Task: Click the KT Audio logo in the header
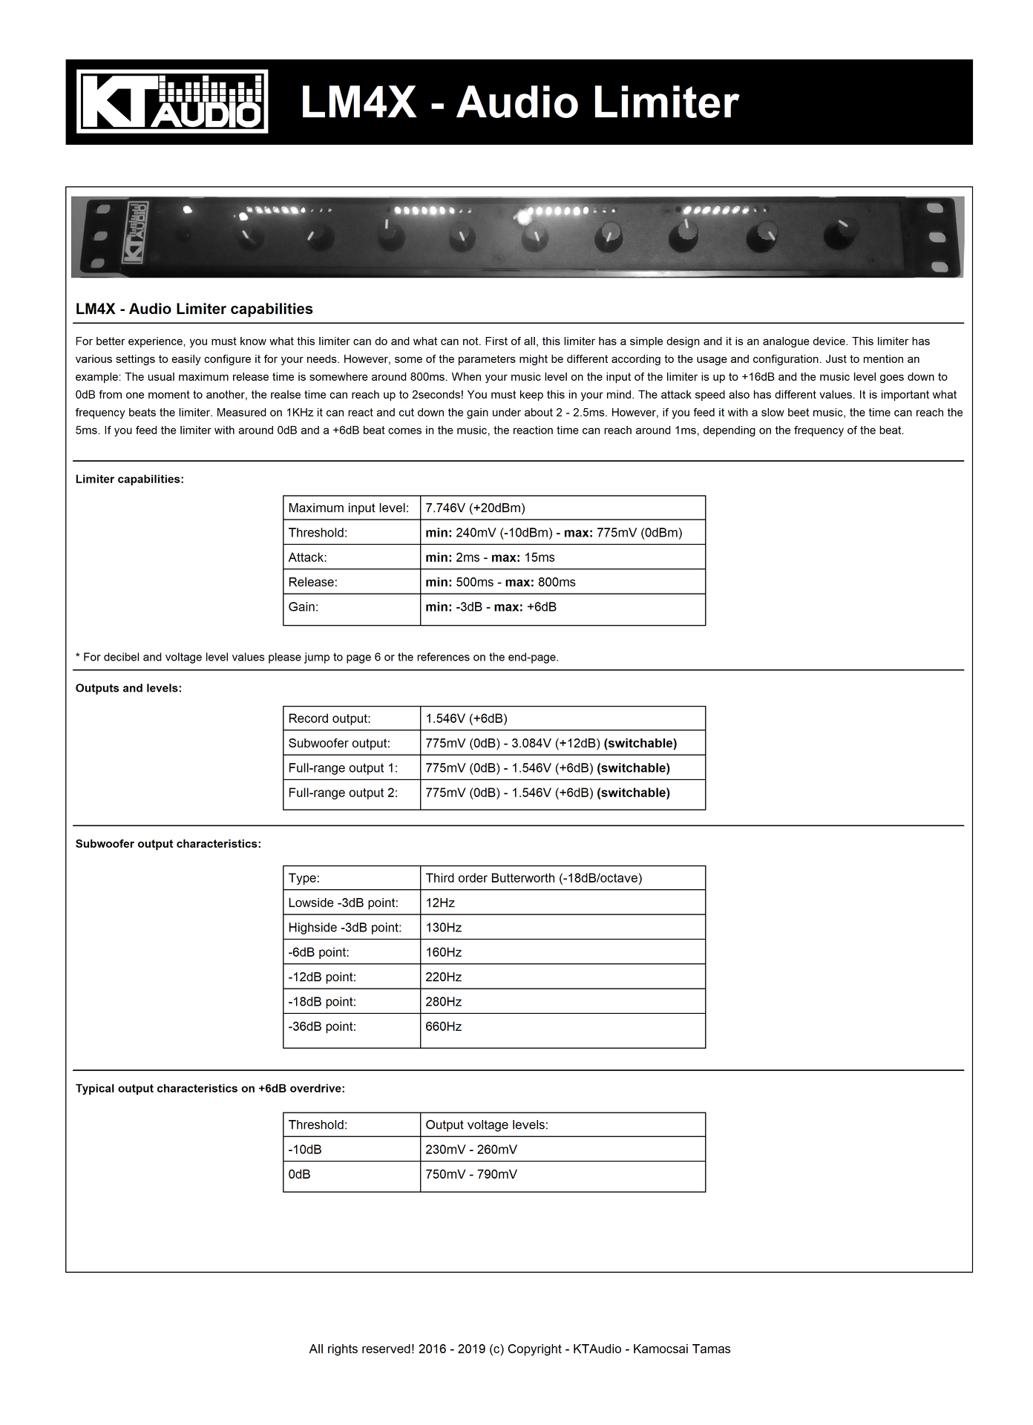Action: pos(172,102)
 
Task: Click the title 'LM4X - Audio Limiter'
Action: pos(519,102)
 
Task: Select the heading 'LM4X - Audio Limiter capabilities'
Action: pos(194,309)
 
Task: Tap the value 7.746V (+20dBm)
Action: pos(475,508)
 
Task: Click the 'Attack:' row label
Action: pos(307,557)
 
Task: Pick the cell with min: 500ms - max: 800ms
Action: pos(500,582)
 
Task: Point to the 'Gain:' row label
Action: pos(303,606)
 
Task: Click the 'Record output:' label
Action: pos(329,718)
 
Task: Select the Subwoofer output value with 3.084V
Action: pos(551,743)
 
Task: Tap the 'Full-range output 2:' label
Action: pos(343,793)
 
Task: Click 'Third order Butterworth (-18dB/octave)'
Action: pos(534,878)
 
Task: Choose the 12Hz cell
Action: pos(440,902)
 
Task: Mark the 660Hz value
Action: pos(443,1026)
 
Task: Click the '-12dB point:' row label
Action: pos(322,977)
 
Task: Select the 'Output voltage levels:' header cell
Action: pos(487,1124)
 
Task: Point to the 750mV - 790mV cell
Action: pos(471,1174)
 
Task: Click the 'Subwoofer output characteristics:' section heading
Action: pos(168,844)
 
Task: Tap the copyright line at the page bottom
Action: pos(519,1349)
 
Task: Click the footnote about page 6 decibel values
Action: pos(317,657)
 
